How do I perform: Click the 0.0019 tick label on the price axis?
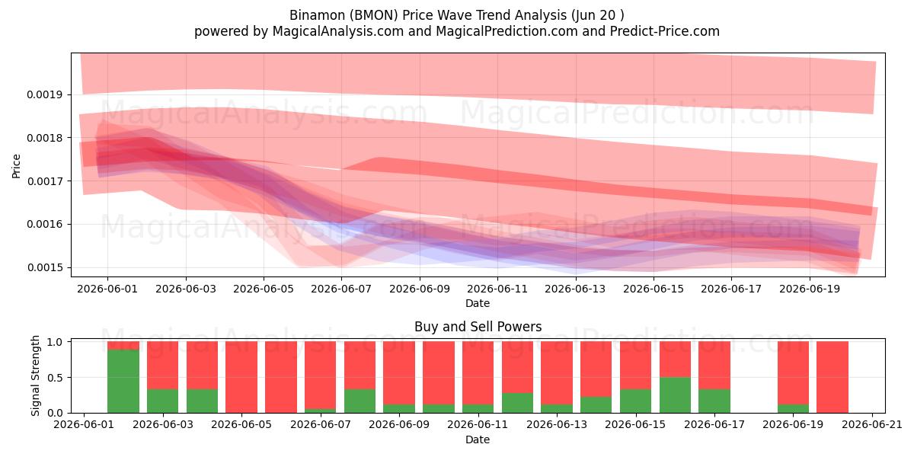(44, 94)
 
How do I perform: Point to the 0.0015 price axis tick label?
(44, 267)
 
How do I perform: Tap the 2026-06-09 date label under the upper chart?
(420, 289)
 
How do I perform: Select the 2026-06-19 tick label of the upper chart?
(810, 289)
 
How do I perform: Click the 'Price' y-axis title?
(16, 166)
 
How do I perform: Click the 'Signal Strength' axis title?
(35, 376)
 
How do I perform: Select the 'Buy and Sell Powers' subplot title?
(478, 327)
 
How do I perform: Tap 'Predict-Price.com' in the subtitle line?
(665, 31)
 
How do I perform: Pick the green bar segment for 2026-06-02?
(123, 381)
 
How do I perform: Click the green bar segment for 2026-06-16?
(676, 395)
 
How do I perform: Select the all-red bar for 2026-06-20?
(833, 377)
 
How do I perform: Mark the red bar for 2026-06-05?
(241, 377)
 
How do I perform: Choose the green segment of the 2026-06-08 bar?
(360, 401)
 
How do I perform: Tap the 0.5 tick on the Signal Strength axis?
(55, 378)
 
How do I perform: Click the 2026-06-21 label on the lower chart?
(872, 425)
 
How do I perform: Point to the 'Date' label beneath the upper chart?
(478, 303)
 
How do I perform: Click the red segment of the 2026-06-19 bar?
(793, 373)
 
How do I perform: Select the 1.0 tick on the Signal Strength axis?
(55, 342)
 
